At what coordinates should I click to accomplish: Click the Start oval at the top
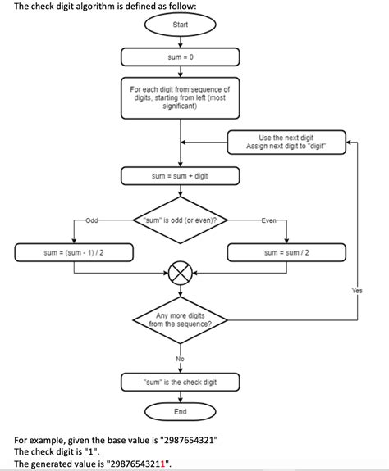click(181, 25)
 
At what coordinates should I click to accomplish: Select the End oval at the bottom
click(181, 411)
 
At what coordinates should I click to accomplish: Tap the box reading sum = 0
click(181, 57)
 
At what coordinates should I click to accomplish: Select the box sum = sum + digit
click(181, 176)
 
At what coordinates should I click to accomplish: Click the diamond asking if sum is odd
click(181, 220)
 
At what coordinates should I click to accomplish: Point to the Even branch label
click(269, 220)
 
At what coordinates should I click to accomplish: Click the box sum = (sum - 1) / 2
click(73, 253)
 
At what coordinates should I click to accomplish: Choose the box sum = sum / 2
click(286, 253)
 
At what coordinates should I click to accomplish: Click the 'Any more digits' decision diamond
click(181, 319)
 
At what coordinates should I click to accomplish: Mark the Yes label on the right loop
click(356, 290)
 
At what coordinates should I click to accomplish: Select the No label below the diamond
click(181, 359)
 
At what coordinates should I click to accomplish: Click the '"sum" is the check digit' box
click(181, 383)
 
